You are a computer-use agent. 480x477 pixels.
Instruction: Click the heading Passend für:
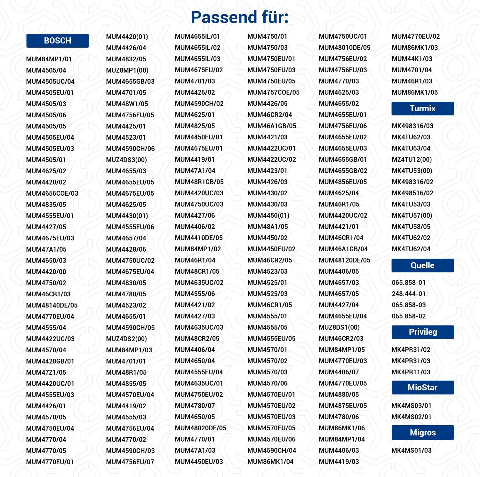[240, 17]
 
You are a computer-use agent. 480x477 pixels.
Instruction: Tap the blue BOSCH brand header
[58, 41]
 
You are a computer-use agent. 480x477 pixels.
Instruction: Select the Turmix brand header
[422, 109]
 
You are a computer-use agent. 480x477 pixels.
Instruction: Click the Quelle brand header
[422, 266]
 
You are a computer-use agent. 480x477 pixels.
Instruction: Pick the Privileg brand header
[422, 332]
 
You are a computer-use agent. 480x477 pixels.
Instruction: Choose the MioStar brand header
[422, 387]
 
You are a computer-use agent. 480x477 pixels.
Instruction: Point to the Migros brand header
[422, 433]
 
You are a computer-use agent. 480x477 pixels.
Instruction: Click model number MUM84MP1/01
[49, 59]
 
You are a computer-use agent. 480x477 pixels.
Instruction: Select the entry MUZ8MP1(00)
[127, 70]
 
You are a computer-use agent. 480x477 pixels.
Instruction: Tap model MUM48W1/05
[127, 104]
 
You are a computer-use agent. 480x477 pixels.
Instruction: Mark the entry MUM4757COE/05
[273, 92]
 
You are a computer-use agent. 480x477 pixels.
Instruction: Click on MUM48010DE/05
[344, 48]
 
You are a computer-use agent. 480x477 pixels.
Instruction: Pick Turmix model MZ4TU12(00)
[412, 160]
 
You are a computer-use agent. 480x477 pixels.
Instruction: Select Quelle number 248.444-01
[408, 294]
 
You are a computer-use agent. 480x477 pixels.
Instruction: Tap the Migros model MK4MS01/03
[411, 450]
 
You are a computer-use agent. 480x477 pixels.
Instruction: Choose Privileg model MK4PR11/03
[411, 372]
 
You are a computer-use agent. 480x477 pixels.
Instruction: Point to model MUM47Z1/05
[46, 372]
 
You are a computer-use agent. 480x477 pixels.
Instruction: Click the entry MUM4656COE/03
[52, 193]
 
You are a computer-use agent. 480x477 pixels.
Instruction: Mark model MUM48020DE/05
[200, 428]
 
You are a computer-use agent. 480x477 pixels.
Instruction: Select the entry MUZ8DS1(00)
[339, 327]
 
